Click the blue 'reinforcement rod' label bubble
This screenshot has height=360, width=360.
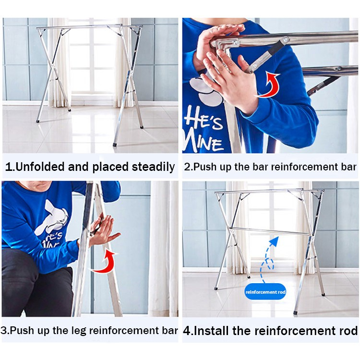click(265, 292)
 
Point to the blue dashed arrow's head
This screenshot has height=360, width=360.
click(275, 241)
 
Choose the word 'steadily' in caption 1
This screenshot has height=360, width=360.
click(154, 167)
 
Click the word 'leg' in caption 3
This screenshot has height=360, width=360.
click(81, 331)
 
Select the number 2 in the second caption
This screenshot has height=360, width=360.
click(187, 167)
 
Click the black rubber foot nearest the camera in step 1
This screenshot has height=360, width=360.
click(115, 145)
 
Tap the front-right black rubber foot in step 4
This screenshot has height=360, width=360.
click(296, 312)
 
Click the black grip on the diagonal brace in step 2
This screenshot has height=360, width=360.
click(276, 49)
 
